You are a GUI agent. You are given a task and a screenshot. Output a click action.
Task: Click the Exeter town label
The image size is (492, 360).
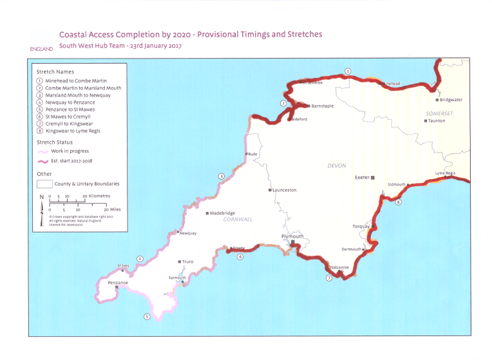pos(361,177)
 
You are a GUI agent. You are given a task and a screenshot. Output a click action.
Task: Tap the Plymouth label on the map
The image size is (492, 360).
pos(292,236)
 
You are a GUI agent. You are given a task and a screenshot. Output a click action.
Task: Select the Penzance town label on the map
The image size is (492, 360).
pos(118,283)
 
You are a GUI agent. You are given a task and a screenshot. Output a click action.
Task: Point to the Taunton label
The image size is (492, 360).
pos(437,121)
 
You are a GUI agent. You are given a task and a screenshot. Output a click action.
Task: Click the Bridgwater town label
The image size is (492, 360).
pos(451,100)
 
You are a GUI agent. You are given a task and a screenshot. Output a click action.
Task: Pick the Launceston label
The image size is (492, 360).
pos(284,190)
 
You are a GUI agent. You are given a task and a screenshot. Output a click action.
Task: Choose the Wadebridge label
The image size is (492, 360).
pos(221,213)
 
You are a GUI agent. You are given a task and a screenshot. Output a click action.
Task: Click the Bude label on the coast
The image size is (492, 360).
pos(252,155)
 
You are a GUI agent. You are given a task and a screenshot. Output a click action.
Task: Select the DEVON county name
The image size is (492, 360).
pos(337,166)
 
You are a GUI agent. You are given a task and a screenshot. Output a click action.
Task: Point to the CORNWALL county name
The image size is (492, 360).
pos(237,220)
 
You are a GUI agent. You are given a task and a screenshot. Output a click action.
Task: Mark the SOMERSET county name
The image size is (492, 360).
pos(440,113)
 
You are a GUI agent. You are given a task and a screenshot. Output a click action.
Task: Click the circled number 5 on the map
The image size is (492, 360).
pos(147,316)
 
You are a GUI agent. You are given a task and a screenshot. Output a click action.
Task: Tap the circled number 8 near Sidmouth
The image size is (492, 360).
pos(399,202)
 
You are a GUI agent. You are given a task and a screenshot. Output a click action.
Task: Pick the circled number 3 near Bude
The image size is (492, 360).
pos(221,176)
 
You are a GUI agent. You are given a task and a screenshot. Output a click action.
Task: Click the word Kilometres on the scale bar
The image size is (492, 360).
pos(96,196)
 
